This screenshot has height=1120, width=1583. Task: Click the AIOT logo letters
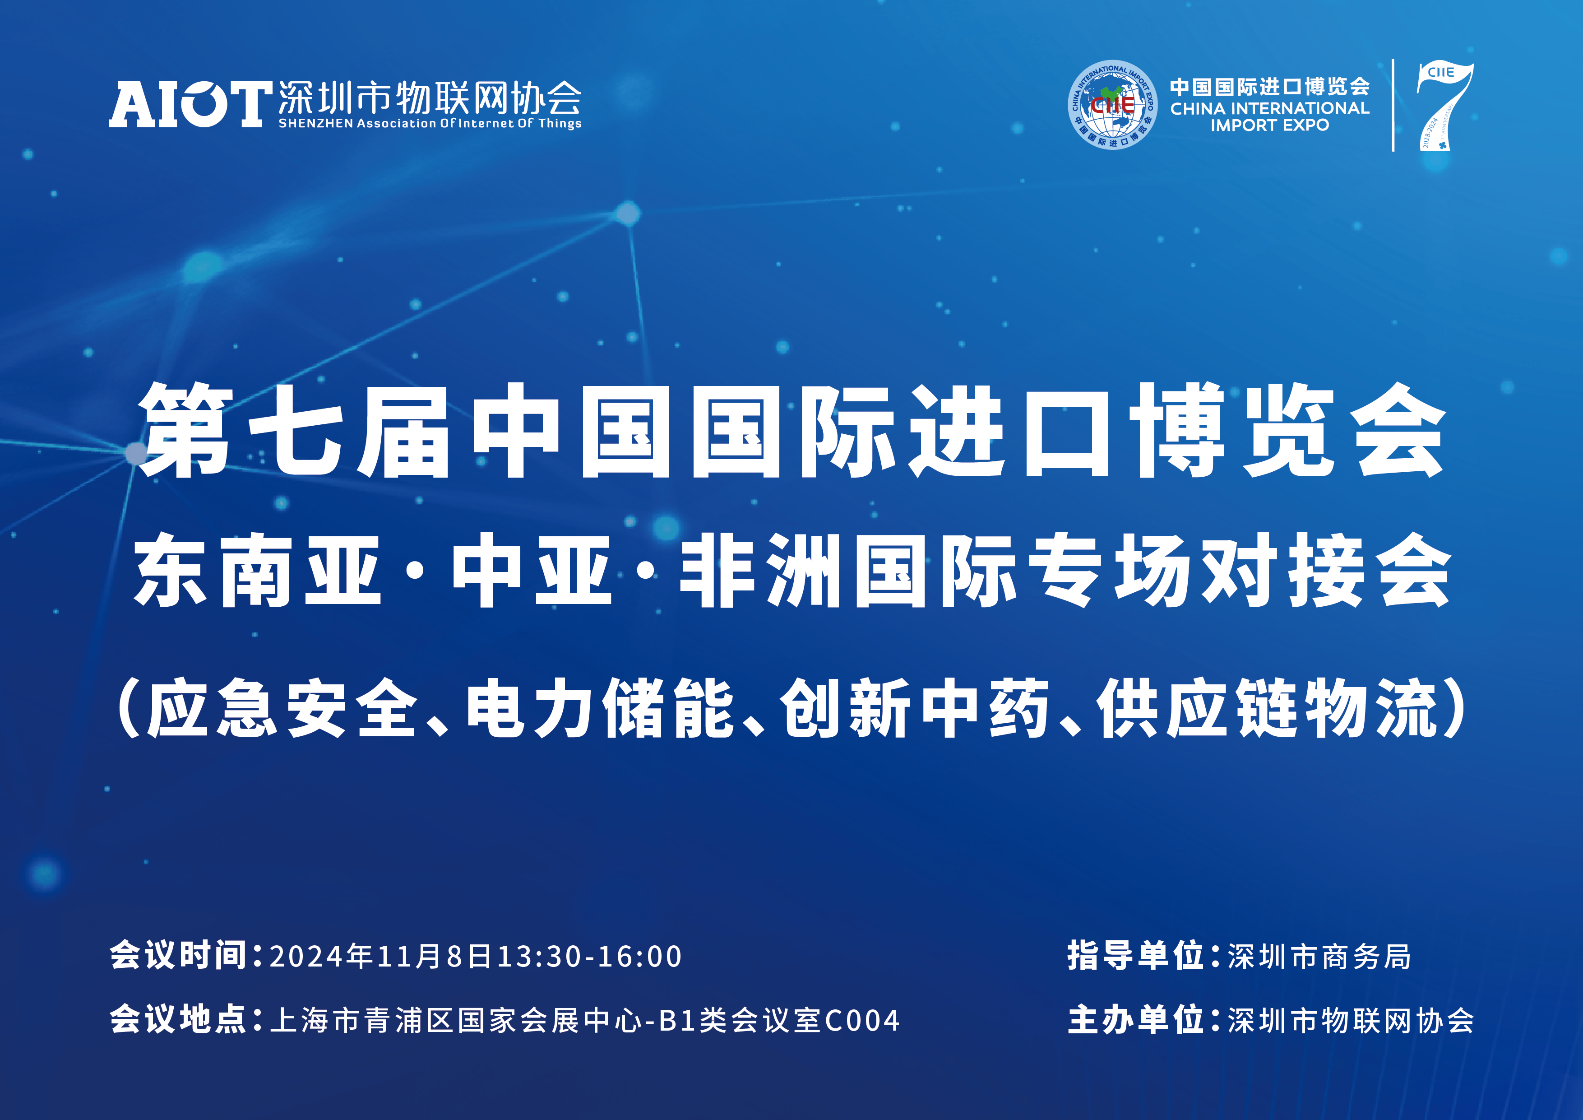(x=188, y=105)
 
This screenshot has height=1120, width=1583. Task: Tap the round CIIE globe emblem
(x=1112, y=105)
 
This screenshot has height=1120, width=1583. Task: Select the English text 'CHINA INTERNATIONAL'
(x=1269, y=108)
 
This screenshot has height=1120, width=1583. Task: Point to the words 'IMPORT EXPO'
(x=1269, y=125)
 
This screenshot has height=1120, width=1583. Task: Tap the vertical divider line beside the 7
(x=1393, y=105)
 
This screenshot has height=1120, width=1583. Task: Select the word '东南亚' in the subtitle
(x=257, y=570)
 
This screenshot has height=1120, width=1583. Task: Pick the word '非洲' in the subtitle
(x=759, y=570)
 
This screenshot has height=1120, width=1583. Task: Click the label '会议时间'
(x=178, y=956)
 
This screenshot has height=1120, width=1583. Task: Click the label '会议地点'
(x=178, y=1019)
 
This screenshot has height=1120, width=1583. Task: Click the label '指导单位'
(x=1135, y=956)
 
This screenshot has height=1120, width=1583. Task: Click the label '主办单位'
(x=1135, y=1019)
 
